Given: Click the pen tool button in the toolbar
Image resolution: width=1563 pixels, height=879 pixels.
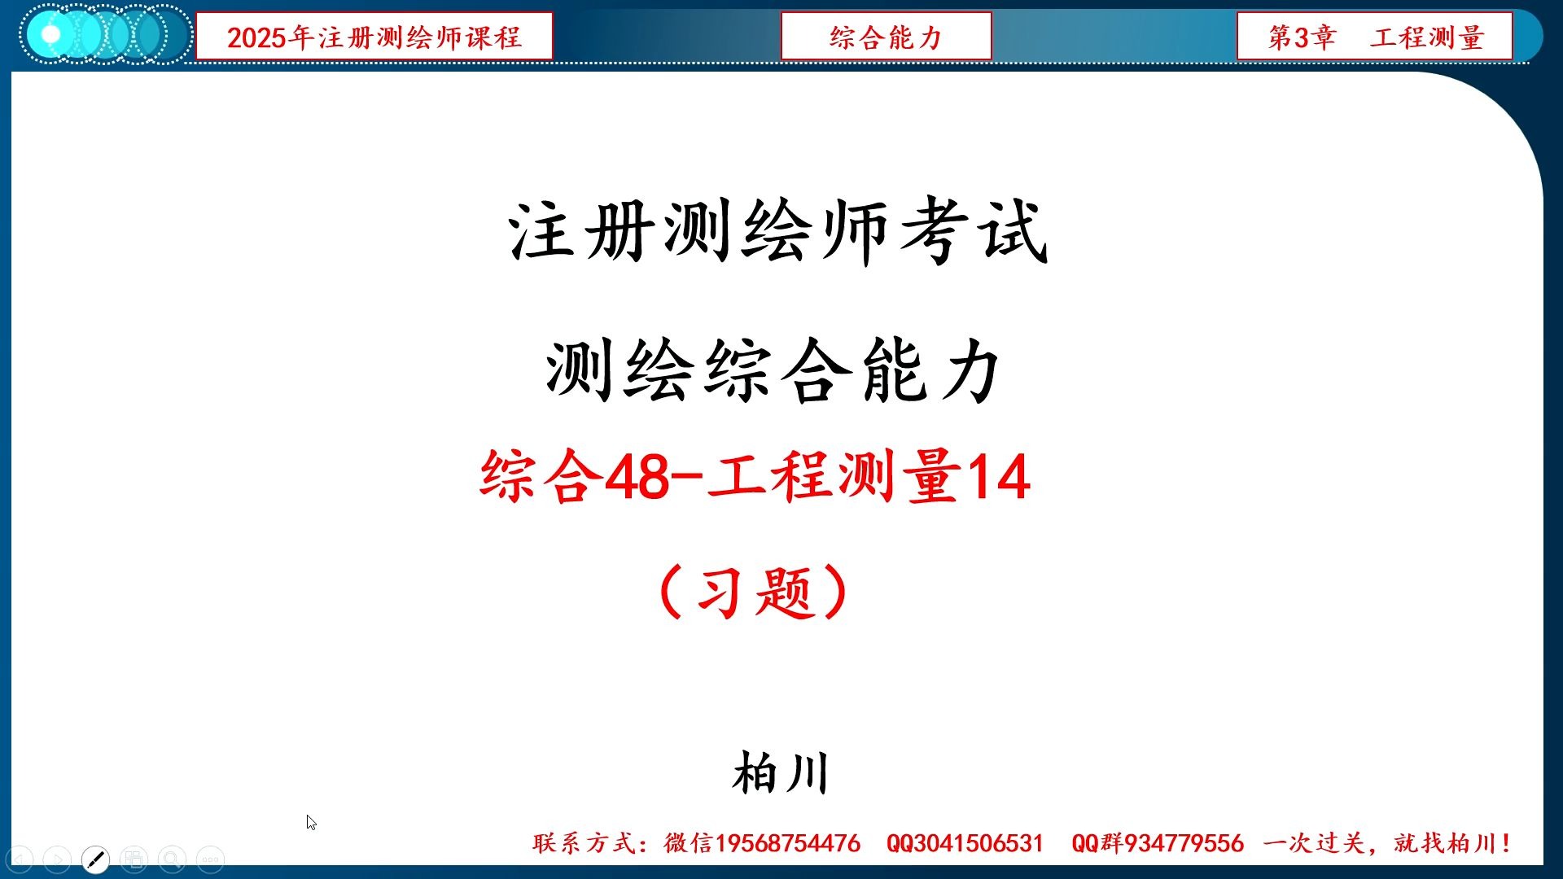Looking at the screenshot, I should click(x=96, y=859).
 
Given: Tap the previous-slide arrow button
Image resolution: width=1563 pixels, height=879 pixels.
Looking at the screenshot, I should click(x=20, y=859).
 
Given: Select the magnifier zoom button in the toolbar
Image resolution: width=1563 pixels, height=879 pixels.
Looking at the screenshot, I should click(x=172, y=859).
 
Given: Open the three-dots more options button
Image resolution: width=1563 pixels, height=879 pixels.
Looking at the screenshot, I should click(x=210, y=859).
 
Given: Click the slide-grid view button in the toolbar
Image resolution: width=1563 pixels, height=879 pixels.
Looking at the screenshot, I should click(x=134, y=859).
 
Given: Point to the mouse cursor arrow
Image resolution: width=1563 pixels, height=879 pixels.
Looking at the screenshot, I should click(x=311, y=822).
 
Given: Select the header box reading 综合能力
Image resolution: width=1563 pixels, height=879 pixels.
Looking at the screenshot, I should click(x=886, y=37).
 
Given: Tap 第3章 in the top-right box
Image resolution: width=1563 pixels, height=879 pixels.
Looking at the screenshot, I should click(x=1302, y=37).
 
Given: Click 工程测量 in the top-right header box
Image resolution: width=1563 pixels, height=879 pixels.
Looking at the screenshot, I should click(x=1427, y=37).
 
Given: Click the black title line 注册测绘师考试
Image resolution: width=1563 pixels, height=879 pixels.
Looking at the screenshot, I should click(x=778, y=233).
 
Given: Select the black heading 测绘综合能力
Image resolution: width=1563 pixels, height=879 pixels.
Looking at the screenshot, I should click(x=773, y=371).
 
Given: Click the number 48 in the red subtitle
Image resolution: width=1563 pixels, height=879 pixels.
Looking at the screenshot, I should click(x=637, y=478).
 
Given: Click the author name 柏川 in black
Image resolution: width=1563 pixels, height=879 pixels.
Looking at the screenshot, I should click(x=781, y=773).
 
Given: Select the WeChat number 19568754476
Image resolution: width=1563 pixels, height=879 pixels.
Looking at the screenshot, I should click(x=787, y=843).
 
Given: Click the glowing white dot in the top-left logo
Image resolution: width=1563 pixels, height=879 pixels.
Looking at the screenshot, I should click(x=50, y=35).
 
